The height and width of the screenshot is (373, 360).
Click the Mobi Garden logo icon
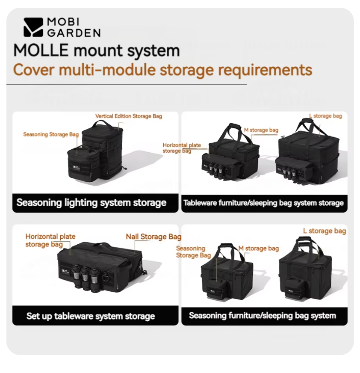(33, 27)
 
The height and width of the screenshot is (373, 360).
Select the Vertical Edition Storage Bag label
(128, 116)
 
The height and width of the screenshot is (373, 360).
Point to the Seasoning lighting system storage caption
(91, 202)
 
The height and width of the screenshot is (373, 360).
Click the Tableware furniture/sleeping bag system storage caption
(263, 203)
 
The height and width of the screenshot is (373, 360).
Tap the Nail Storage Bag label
(153, 237)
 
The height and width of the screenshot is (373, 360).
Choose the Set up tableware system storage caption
(91, 316)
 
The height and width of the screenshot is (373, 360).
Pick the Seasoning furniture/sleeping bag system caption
(263, 316)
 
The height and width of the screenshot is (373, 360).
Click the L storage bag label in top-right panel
(325, 116)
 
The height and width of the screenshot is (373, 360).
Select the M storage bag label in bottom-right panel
(259, 248)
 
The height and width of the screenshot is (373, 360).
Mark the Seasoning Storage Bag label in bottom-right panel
(193, 252)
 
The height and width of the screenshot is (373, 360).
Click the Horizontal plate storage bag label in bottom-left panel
(50, 240)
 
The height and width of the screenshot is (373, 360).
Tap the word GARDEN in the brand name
(73, 33)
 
